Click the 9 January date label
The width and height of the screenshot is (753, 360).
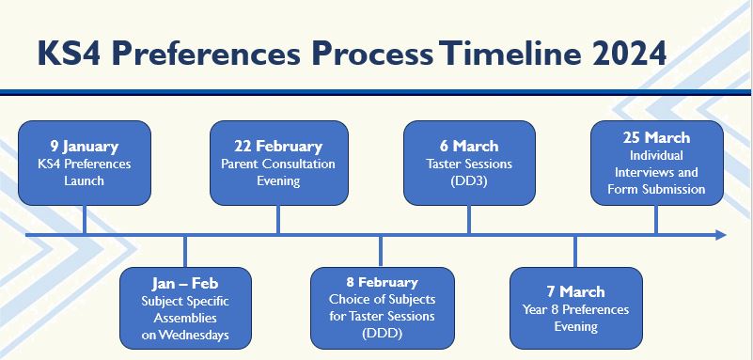pyautogui.click(x=85, y=146)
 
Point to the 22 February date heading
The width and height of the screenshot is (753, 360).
pyautogui.click(x=277, y=146)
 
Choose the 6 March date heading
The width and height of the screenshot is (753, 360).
pyautogui.click(x=469, y=146)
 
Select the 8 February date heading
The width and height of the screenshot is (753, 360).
pyautogui.click(x=382, y=282)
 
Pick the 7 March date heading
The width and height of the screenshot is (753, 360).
pyautogui.click(x=575, y=291)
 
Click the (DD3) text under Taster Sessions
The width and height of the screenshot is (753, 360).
pyautogui.click(x=469, y=180)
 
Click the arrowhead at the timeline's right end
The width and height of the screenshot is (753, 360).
pyautogui.click(x=720, y=234)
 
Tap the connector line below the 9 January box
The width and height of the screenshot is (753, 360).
pyautogui.click(x=85, y=219)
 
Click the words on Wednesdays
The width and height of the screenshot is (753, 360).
pyautogui.click(x=184, y=335)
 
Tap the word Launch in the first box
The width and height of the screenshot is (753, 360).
pyautogui.click(x=85, y=180)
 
